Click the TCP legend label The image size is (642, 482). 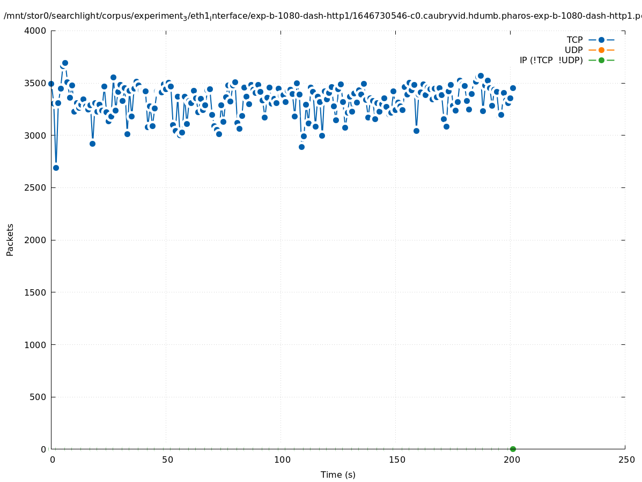pyautogui.click(x=574, y=40)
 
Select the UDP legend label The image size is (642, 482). pyautogui.click(x=573, y=50)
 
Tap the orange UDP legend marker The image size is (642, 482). pyautogui.click(x=601, y=50)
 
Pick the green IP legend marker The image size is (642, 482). pyautogui.click(x=601, y=60)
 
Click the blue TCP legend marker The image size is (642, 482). pyautogui.click(x=601, y=40)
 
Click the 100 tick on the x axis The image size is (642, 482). pyautogui.click(x=282, y=460)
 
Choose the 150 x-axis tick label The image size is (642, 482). pyautogui.click(x=397, y=460)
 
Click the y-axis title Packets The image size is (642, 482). pyautogui.click(x=10, y=239)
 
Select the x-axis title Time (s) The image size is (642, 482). pyautogui.click(x=338, y=475)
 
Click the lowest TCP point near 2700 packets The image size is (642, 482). pyautogui.click(x=56, y=168)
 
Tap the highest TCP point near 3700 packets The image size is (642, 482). pyautogui.click(x=65, y=63)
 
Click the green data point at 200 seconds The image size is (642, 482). pyautogui.click(x=513, y=449)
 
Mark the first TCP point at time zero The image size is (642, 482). pyautogui.click(x=51, y=84)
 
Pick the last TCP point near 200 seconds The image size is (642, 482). pyautogui.click(x=513, y=88)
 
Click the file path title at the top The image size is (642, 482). pyautogui.click(x=322, y=16)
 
